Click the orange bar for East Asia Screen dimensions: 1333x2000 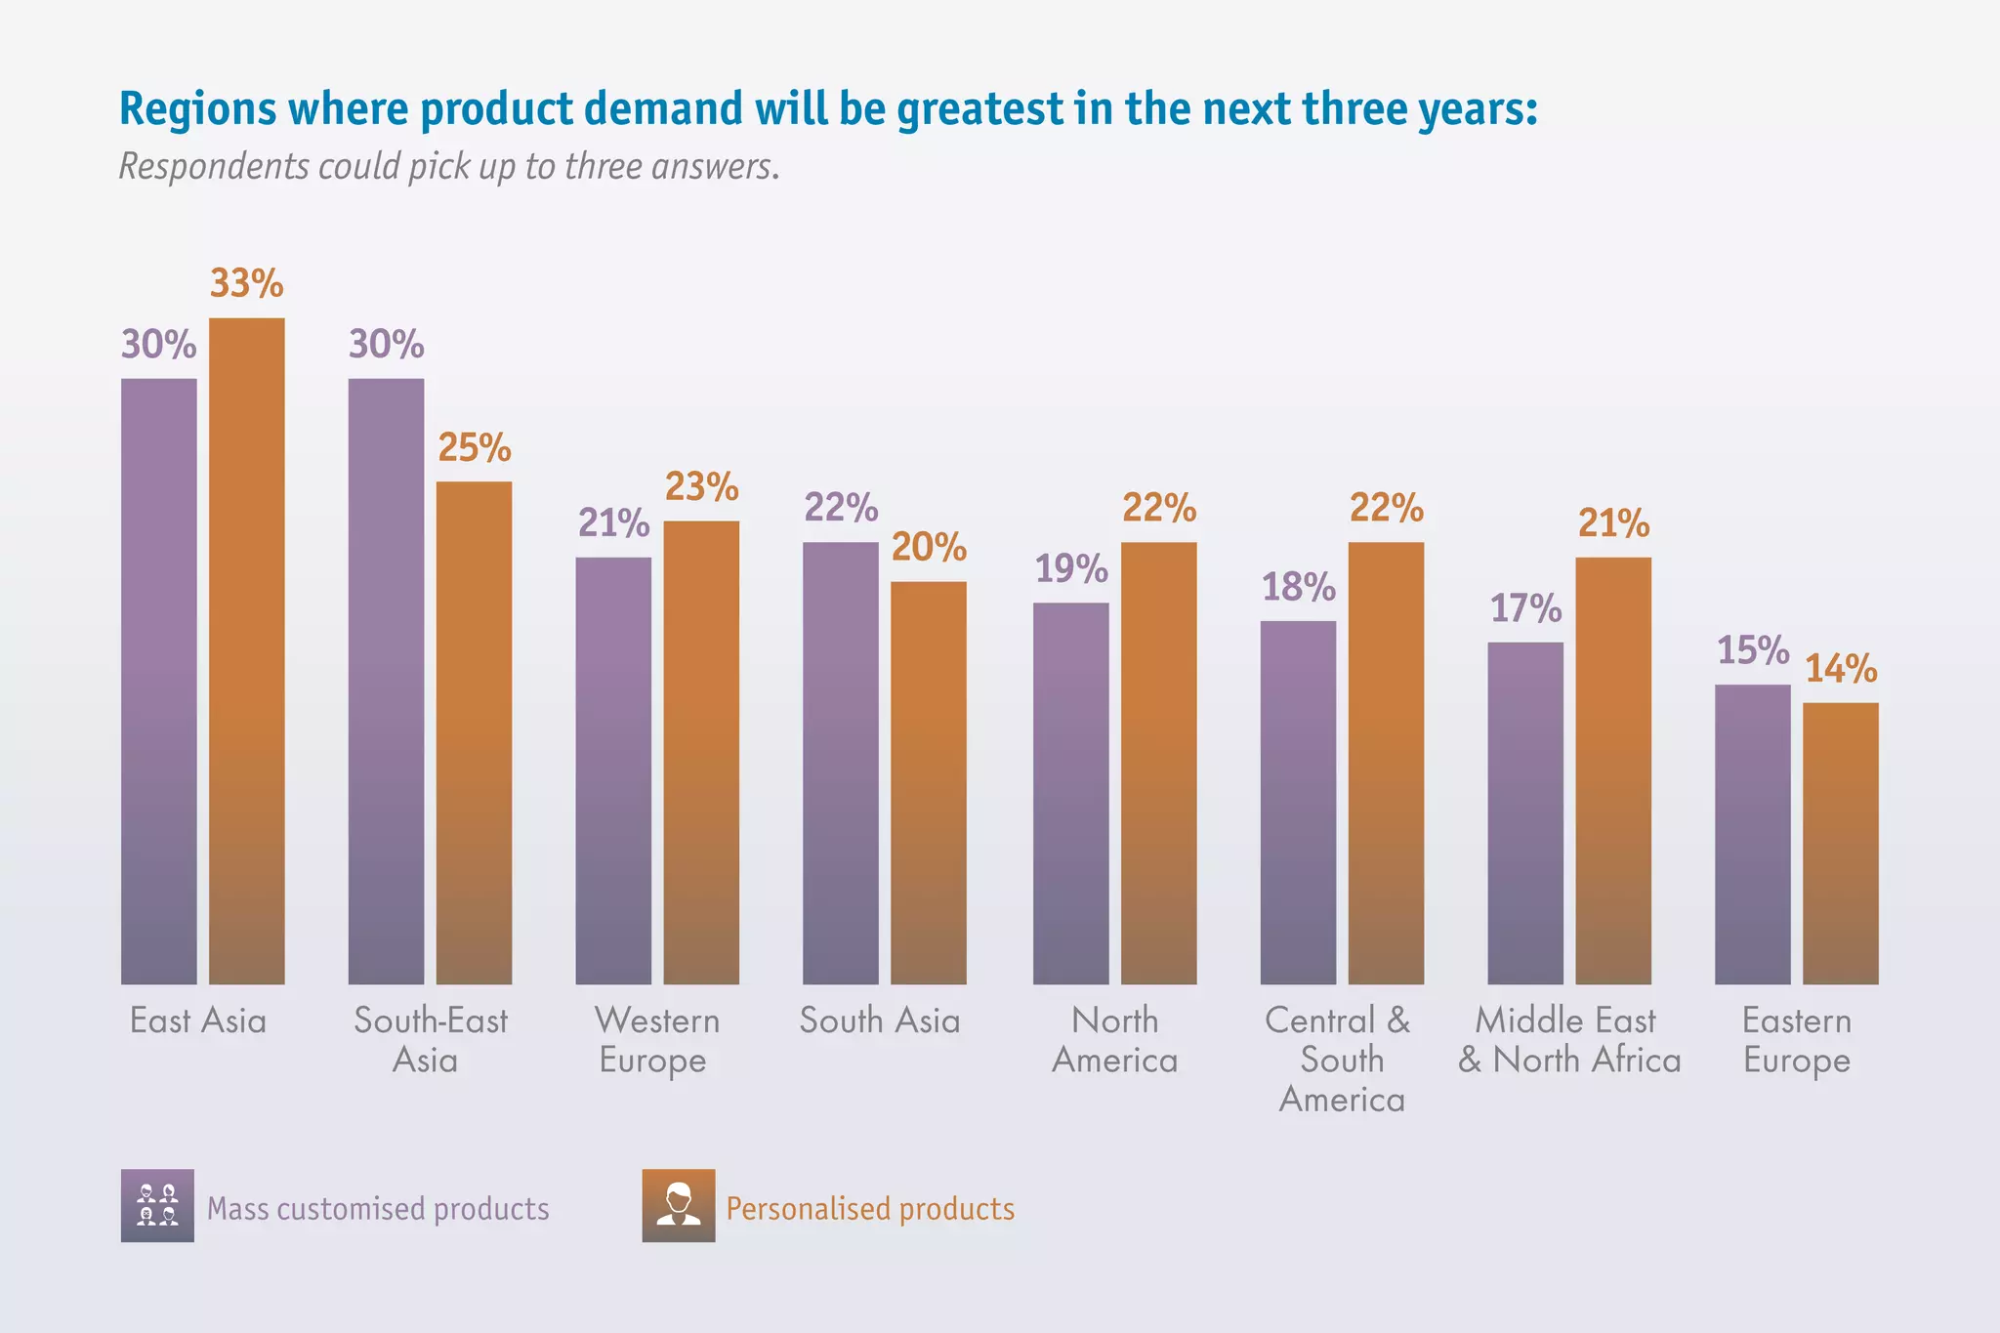pos(247,650)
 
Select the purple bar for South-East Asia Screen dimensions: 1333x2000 pos(386,681)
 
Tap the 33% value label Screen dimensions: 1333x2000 pos(247,284)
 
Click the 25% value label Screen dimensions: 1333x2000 pos(475,448)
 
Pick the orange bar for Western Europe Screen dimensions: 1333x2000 pos(701,752)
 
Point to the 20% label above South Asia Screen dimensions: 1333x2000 pos(929,548)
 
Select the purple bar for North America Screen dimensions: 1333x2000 pos(1071,793)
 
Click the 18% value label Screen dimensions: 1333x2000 pos(1299,588)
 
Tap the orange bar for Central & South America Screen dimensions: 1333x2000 pos(1386,763)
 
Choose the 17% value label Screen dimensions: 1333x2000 pos(1525,609)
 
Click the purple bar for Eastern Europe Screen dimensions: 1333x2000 pos(1753,834)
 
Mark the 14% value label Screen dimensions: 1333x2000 pos(1841,670)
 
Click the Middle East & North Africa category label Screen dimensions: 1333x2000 pos(1568,1041)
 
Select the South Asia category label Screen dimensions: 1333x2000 pos(880,1021)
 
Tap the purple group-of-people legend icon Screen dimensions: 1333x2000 pos(157,1205)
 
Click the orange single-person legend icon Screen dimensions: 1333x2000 pos(679,1205)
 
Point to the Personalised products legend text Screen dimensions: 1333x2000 pos(870,1209)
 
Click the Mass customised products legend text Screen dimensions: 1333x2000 pos(378,1209)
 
